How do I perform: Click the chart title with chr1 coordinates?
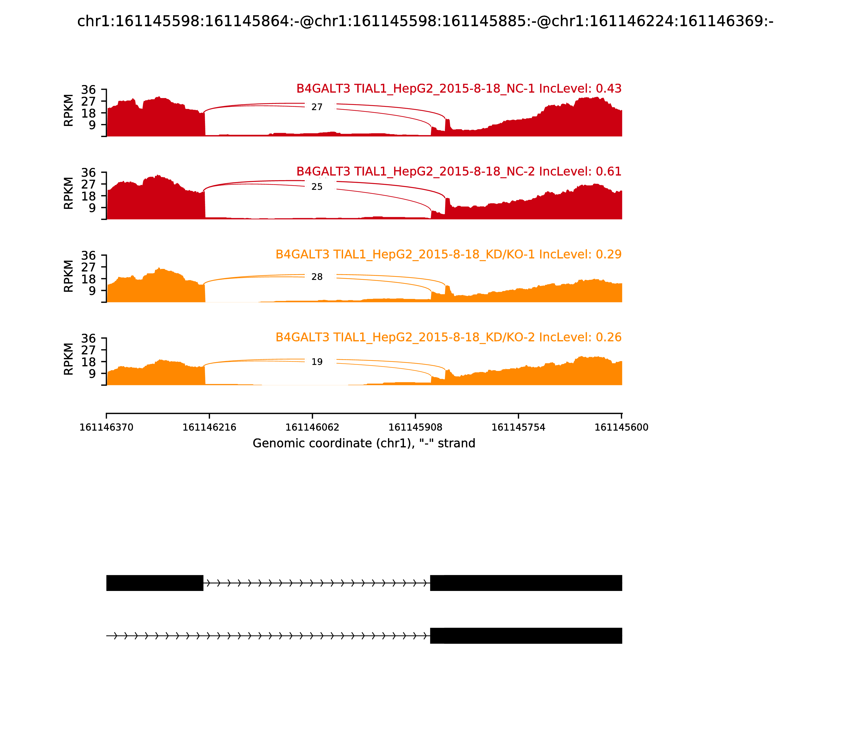point(425,22)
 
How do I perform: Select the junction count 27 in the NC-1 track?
point(317,107)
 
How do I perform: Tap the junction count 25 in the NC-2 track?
point(317,187)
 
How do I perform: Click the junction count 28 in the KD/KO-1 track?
point(317,277)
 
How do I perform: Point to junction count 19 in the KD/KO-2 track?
point(317,362)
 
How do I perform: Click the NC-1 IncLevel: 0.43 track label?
point(459,88)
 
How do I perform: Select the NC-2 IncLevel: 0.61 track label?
point(459,171)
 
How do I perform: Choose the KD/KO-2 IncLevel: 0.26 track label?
point(448,337)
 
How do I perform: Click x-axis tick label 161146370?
point(106,428)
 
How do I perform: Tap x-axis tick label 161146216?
point(210,428)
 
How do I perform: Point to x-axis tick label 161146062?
point(312,428)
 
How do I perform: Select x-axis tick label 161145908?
point(415,428)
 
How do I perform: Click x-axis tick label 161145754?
point(518,428)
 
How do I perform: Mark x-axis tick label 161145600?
point(621,428)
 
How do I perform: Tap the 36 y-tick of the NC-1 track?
point(88,90)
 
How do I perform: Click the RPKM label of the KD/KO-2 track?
point(69,359)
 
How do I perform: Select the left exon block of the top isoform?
point(155,583)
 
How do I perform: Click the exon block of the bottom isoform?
point(526,636)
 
